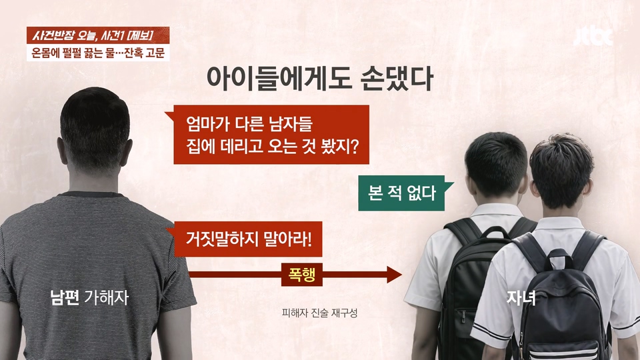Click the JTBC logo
coord(593,37)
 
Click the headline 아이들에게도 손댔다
coord(319,79)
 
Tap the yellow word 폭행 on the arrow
coord(302,274)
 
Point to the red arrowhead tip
coord(402,274)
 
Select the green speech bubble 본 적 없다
coord(402,193)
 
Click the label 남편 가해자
coord(89,297)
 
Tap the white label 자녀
coord(521,298)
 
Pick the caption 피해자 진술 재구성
coord(319,313)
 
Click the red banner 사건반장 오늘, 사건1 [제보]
coord(98,35)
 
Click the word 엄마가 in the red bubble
coord(208,124)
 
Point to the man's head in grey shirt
coord(95,131)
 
